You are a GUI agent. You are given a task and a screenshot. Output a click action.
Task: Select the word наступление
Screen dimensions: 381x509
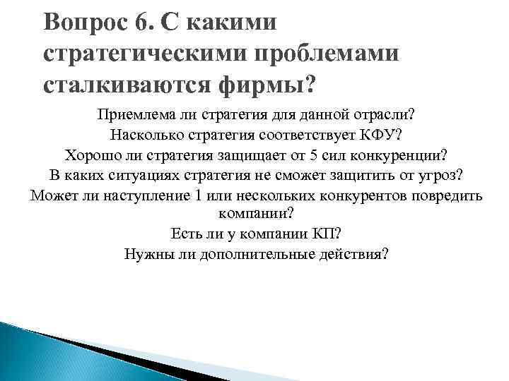tap(147, 195)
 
